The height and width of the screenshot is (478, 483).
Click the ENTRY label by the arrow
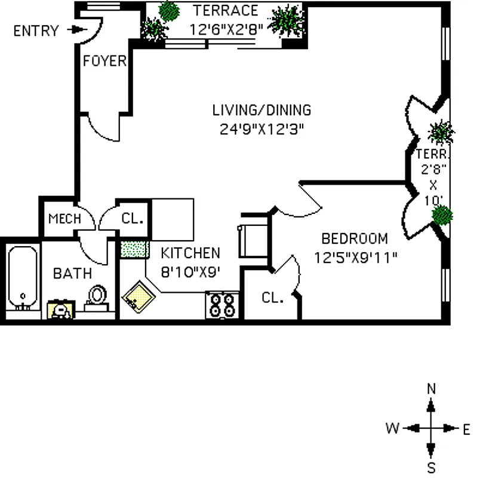point(36,30)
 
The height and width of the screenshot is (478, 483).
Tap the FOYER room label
point(104,61)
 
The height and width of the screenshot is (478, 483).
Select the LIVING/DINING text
point(262,110)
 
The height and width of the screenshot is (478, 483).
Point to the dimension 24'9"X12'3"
point(262,129)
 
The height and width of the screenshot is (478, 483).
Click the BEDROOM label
point(354,238)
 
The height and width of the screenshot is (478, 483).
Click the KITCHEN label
point(190,253)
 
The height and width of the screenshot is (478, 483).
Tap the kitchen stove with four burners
point(222,304)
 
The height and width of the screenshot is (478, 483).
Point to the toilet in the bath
point(97,296)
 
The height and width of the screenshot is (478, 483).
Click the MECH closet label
point(64,219)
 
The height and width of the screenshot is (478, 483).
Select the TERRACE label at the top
point(226,11)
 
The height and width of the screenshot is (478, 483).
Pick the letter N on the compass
point(431,389)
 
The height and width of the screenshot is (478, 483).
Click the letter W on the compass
point(392,428)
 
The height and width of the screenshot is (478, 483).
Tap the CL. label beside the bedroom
point(273,297)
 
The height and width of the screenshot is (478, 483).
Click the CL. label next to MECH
point(133,219)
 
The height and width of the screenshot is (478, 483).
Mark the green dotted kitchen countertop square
point(134,249)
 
